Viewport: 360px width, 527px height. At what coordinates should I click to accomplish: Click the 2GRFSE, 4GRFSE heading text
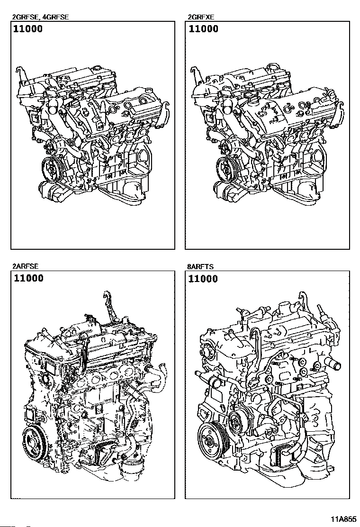pyautogui.click(x=40, y=17)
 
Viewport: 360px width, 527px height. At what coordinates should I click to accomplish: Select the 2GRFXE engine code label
pyautogui.click(x=201, y=17)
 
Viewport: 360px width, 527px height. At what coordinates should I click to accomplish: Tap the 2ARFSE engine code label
pyautogui.click(x=26, y=266)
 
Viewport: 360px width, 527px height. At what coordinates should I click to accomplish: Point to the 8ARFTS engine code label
pyautogui.click(x=200, y=267)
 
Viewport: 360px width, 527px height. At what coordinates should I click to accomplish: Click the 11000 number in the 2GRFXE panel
pyautogui.click(x=204, y=29)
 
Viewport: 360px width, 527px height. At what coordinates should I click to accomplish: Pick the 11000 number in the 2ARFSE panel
pyautogui.click(x=28, y=278)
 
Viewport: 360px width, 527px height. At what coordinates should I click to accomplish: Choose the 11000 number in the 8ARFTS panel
pyautogui.click(x=203, y=279)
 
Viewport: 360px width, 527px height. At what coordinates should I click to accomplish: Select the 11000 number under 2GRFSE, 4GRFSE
pyautogui.click(x=28, y=29)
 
